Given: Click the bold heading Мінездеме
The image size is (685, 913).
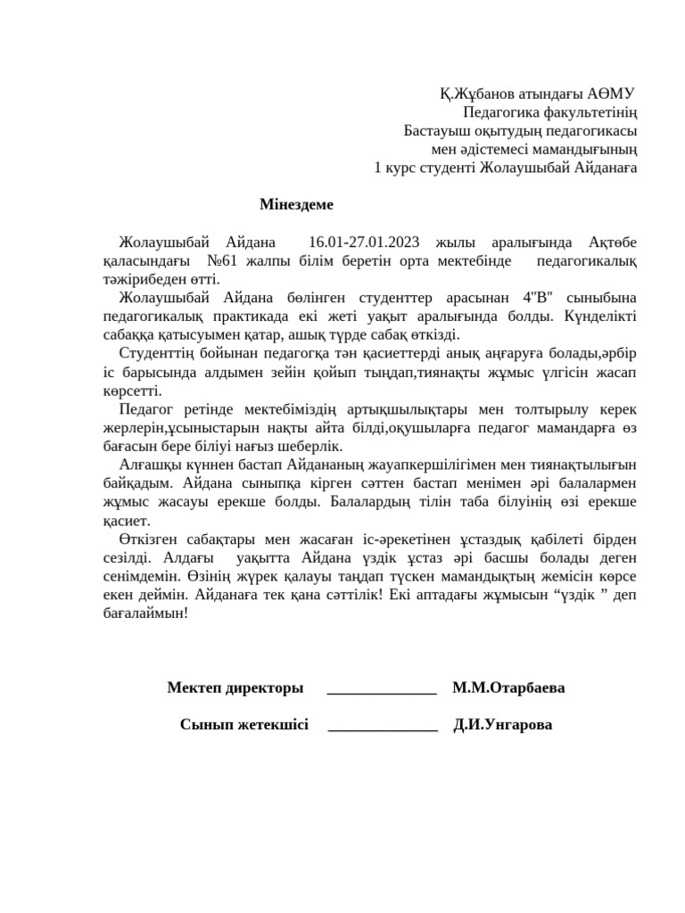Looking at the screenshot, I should (296, 204).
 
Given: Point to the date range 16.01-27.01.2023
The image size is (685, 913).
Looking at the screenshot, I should (363, 242).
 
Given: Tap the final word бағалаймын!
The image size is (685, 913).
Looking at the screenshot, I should (145, 614).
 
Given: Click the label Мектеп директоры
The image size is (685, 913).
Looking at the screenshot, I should (235, 687).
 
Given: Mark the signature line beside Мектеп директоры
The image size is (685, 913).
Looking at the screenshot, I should (382, 691).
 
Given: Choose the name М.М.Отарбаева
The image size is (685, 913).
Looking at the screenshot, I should (508, 687).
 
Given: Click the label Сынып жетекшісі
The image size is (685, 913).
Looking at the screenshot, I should (244, 725).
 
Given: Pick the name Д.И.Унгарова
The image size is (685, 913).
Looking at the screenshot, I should (503, 725).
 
